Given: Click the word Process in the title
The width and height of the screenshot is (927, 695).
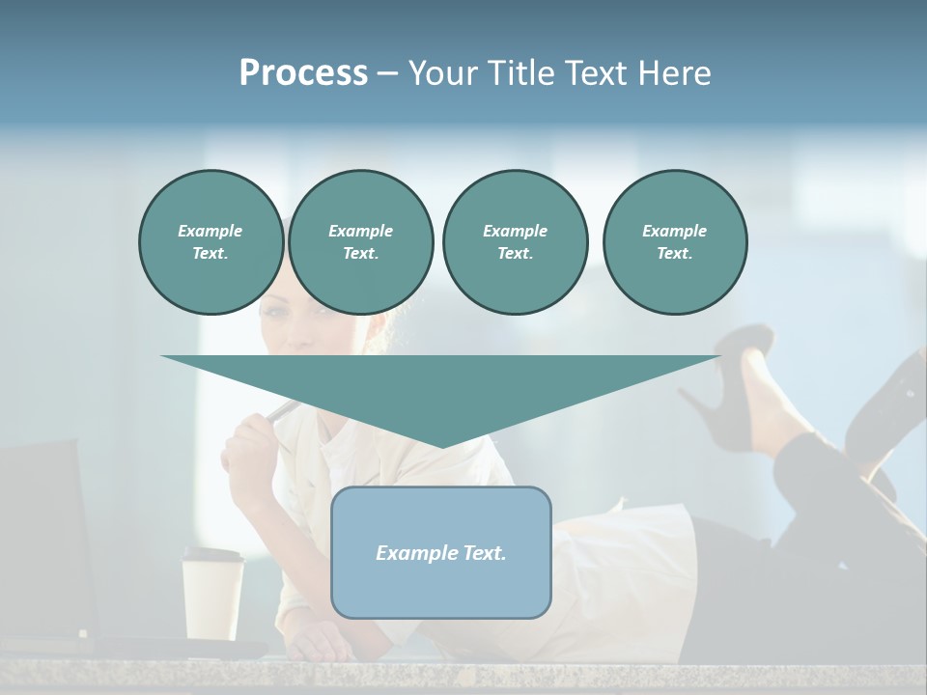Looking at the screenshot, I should point(303,73).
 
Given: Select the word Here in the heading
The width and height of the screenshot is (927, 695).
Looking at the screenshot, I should point(674,73).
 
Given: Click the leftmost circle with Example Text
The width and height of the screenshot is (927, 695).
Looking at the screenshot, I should point(211,242).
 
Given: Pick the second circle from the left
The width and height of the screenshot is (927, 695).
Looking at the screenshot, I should point(360,242).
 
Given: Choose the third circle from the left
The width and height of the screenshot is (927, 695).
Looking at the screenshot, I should point(515,242).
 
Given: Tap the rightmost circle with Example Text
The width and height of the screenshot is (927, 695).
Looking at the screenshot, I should point(674,242).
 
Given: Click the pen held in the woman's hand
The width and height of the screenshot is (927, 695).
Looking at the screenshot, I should point(282,411).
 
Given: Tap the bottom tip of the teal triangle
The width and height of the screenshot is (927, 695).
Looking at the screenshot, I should point(441,446).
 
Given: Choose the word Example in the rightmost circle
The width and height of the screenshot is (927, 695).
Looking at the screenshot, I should point(674,231).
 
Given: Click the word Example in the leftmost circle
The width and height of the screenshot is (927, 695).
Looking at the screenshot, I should point(211,231).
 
